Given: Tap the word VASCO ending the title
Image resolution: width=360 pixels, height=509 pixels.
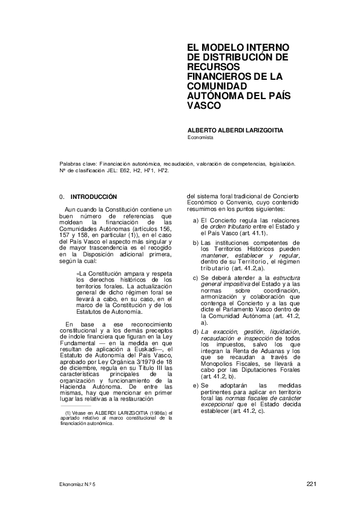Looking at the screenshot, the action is (201, 104).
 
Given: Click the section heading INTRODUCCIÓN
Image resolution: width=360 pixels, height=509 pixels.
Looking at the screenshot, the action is (94, 197).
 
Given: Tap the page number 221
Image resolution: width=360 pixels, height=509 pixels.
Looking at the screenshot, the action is (312, 484).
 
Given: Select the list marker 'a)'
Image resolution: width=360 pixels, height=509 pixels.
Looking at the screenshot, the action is (196, 221).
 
